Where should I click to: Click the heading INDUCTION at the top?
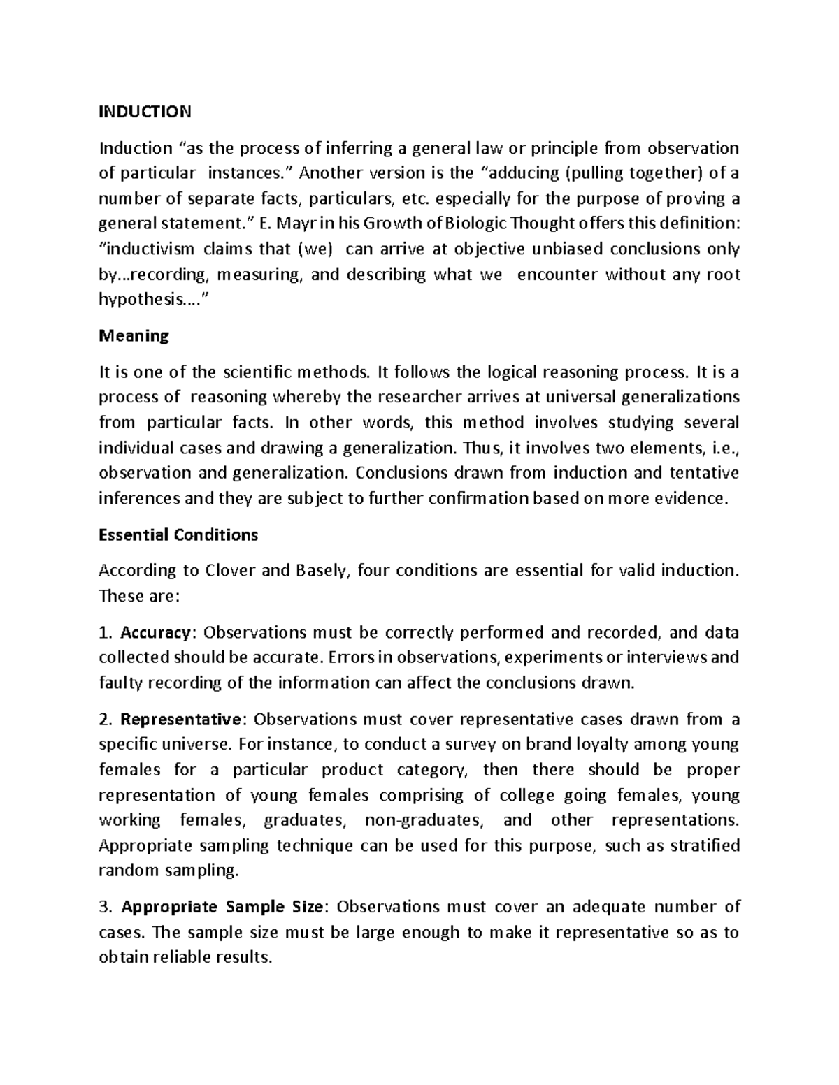click(x=144, y=112)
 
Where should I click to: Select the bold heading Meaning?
click(x=134, y=336)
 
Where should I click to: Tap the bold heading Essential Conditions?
click(x=178, y=535)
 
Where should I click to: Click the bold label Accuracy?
click(x=155, y=633)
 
